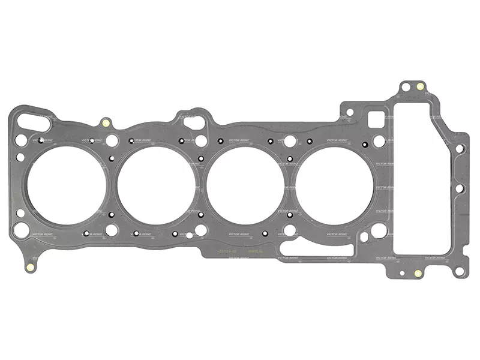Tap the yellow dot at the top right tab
point(420,86)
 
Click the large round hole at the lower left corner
point(20,228)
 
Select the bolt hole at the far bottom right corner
point(459,271)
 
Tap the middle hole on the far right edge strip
point(459,188)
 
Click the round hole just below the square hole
point(379,142)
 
